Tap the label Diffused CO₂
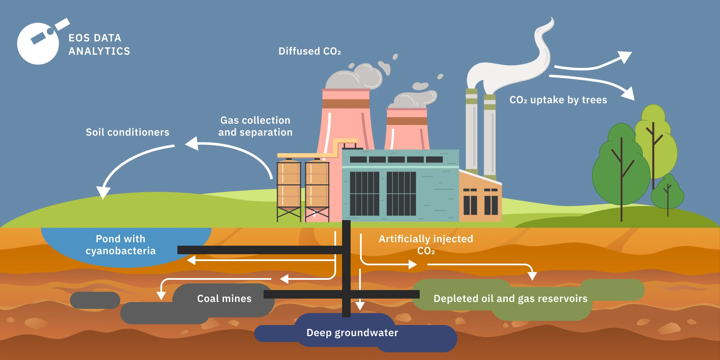click(310, 51)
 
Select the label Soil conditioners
click(127, 132)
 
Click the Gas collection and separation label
click(255, 126)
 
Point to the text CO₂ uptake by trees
click(558, 100)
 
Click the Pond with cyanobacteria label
click(120, 245)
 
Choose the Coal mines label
click(224, 299)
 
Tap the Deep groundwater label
click(352, 333)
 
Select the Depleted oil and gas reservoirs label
click(510, 299)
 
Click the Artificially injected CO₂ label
click(426, 244)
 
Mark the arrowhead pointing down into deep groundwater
click(360, 305)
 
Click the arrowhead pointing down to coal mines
click(161, 295)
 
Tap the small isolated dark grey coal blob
click(95, 300)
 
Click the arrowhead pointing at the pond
click(191, 260)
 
